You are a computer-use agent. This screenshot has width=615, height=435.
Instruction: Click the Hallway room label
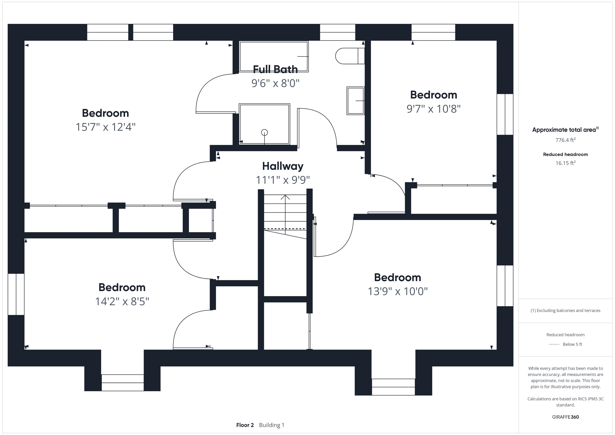tap(283, 166)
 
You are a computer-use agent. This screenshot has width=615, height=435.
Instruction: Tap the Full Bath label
tap(275, 69)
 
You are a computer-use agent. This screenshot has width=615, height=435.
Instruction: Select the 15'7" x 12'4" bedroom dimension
tap(106, 127)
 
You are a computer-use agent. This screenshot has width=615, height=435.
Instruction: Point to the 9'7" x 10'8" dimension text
tap(433, 109)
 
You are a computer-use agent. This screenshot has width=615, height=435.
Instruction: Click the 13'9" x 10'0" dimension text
tap(398, 291)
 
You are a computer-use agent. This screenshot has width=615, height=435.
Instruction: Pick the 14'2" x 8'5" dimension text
tap(122, 301)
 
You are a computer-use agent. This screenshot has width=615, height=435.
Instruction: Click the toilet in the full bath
tap(350, 56)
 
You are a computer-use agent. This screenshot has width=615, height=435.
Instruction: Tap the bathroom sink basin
tap(355, 101)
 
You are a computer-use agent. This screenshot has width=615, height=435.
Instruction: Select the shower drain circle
tap(264, 132)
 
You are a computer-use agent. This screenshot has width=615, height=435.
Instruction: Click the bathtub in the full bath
tap(274, 56)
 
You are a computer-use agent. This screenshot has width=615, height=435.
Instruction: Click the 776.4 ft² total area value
tap(565, 140)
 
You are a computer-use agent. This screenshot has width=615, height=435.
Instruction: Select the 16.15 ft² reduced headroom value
tap(565, 163)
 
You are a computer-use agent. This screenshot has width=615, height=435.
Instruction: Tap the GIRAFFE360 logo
tap(565, 417)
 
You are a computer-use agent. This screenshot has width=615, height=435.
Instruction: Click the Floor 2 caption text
tap(245, 425)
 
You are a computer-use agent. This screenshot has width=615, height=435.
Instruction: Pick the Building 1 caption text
tap(272, 425)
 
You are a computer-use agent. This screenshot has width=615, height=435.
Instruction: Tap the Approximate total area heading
tap(565, 130)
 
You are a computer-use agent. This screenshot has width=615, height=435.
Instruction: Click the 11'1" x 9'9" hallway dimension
tap(283, 180)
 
